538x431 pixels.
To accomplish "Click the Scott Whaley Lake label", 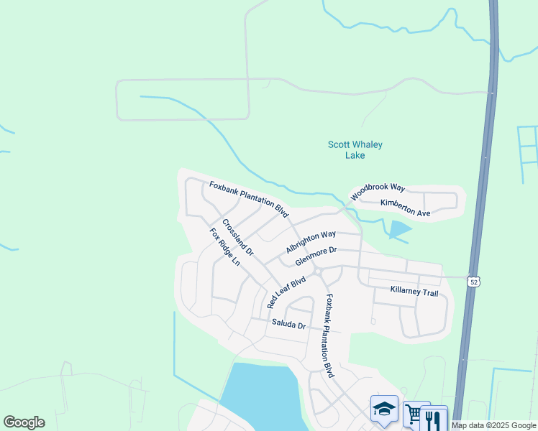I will [355, 149].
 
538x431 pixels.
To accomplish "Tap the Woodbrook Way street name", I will [378, 192].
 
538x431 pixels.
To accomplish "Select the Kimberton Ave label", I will [405, 208].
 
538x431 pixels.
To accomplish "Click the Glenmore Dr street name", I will [316, 255].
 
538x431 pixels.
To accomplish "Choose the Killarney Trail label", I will [414, 292].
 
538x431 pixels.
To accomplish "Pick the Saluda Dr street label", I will [288, 325].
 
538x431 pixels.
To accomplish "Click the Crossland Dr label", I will [238, 238].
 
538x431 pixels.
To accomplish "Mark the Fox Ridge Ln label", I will [224, 246].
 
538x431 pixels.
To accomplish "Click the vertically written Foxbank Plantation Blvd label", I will [329, 336].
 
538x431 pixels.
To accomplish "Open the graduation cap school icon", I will [384, 409].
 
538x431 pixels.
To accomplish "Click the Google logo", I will [24, 422].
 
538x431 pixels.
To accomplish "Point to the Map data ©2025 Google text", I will [493, 425].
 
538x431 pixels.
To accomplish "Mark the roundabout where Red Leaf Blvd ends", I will [316, 271].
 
